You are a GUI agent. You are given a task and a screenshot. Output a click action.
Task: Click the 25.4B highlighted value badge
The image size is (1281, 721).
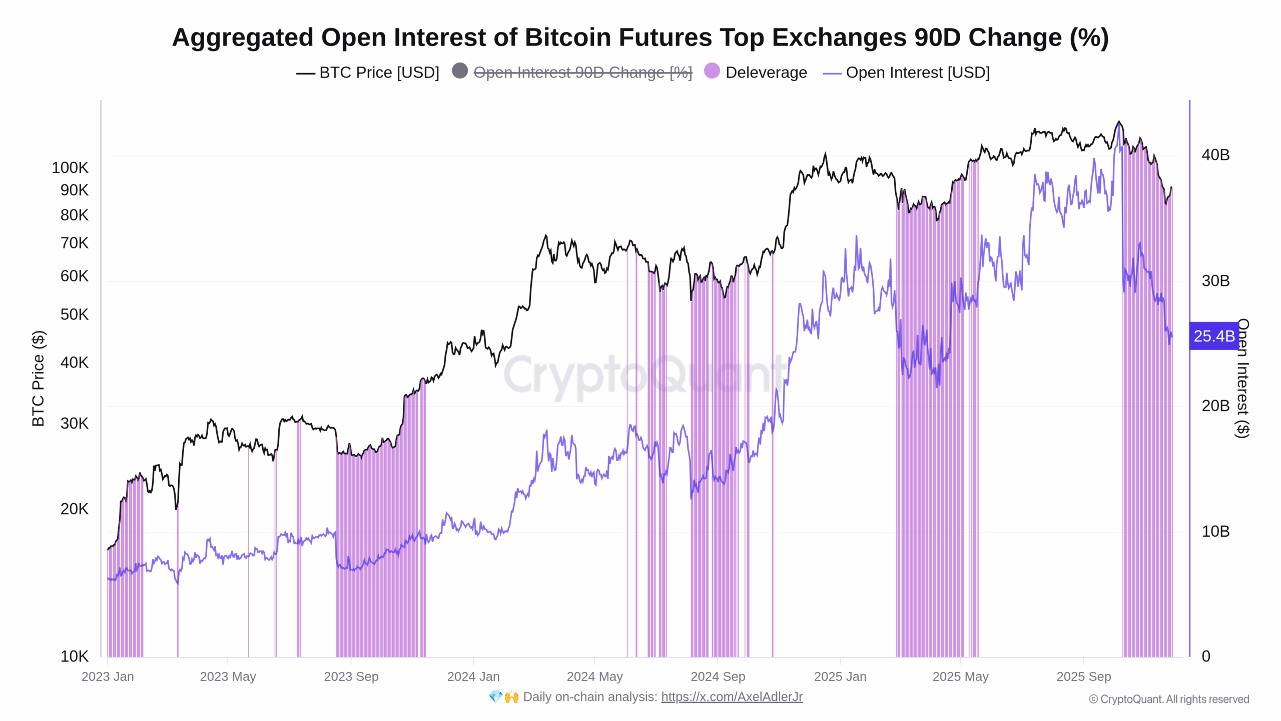click(1213, 336)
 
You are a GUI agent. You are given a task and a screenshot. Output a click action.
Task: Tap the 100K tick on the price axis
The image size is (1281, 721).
click(70, 168)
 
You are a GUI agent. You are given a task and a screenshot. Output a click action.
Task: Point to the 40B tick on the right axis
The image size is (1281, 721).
click(1215, 155)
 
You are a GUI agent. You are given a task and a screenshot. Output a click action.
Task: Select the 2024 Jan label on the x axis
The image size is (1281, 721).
click(473, 676)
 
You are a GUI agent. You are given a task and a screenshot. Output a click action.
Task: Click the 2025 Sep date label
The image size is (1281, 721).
click(1083, 676)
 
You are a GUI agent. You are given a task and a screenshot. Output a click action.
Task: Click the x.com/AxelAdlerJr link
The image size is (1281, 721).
click(732, 697)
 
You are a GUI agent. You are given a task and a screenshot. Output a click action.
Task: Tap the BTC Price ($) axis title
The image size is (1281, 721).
click(38, 379)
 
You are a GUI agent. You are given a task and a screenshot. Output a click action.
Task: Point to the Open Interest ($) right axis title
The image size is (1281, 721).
click(1242, 379)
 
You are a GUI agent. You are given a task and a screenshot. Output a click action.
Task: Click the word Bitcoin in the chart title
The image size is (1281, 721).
click(567, 38)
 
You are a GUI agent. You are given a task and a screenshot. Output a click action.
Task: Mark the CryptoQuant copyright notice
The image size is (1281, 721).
click(1169, 699)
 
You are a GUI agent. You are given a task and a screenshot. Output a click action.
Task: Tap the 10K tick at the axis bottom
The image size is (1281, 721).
click(74, 656)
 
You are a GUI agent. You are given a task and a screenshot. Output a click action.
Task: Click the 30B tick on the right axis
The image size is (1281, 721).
click(1215, 280)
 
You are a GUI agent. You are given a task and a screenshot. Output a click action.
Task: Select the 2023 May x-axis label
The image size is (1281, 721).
click(228, 676)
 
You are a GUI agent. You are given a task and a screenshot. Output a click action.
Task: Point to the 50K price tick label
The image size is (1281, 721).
click(74, 314)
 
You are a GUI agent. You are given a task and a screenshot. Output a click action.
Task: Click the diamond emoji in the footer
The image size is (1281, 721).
click(495, 697)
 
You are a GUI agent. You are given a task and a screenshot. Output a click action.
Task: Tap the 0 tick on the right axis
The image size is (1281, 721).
click(1206, 656)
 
